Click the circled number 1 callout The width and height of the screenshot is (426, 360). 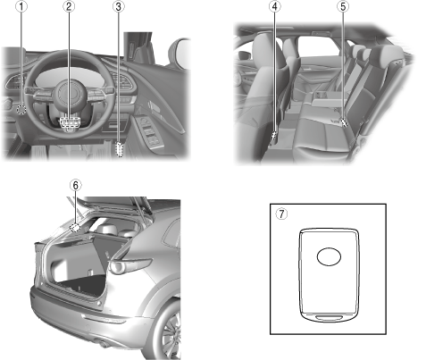(x=21, y=6)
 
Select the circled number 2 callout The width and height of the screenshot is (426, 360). (x=69, y=6)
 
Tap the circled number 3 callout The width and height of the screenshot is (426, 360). (x=119, y=6)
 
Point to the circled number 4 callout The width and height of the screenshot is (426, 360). (x=274, y=6)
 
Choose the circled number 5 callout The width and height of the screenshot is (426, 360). (x=343, y=6)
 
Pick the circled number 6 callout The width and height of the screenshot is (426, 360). (x=76, y=185)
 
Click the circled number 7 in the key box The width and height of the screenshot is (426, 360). (x=281, y=213)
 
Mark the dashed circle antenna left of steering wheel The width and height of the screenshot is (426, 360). (x=21, y=110)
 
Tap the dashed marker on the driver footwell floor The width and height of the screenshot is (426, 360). (x=120, y=149)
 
